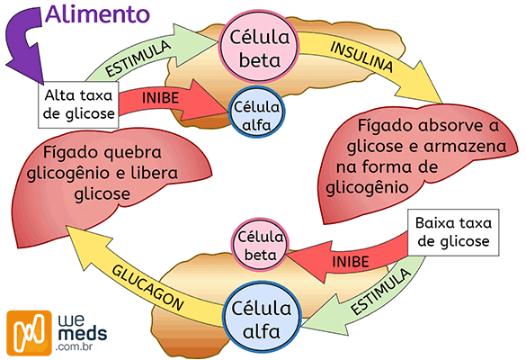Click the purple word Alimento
[x=99, y=14]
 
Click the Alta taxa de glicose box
[x=80, y=105]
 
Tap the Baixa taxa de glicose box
[x=451, y=233]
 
